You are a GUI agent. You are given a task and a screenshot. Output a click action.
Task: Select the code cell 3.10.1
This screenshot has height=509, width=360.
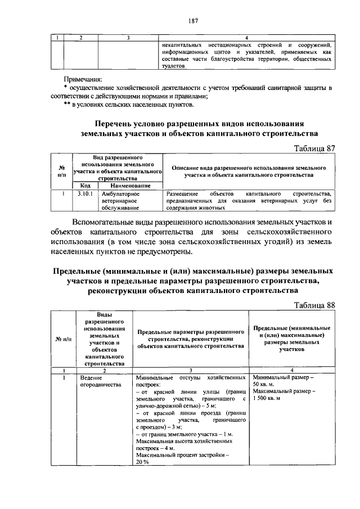tap(84, 193)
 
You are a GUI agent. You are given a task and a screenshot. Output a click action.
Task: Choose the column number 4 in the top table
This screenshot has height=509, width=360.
tap(246, 38)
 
